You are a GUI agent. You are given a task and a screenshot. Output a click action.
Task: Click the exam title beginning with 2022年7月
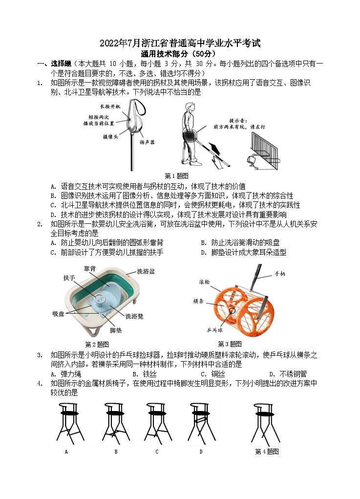click(180, 43)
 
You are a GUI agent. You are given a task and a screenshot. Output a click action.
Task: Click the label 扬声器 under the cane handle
click(147, 142)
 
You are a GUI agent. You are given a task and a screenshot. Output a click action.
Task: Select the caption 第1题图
click(177, 175)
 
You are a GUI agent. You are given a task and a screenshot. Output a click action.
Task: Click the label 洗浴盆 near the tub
click(146, 271)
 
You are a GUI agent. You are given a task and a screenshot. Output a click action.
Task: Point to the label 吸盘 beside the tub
click(59, 314)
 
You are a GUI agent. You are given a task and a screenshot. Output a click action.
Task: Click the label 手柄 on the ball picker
click(280, 274)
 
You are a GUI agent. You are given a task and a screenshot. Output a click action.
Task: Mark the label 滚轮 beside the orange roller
click(205, 282)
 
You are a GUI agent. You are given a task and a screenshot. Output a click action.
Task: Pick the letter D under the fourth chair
click(201, 452)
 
